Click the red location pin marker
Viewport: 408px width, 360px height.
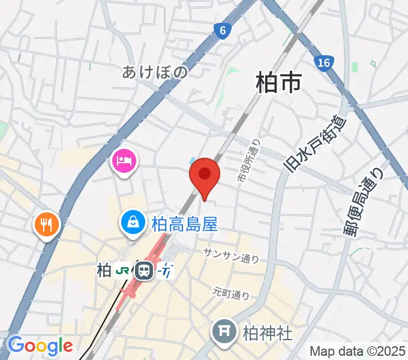pos(205,175)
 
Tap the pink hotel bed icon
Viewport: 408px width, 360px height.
pos(124,160)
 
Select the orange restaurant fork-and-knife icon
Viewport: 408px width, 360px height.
pos(47,225)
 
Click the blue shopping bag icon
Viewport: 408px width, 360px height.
pos(132,222)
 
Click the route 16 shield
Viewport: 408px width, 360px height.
pos(324,62)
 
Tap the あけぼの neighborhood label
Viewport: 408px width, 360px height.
pos(155,73)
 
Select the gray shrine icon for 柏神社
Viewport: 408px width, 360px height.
pos(225,331)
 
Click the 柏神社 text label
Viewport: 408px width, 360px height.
pos(268,332)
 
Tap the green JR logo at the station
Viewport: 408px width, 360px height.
pos(122,271)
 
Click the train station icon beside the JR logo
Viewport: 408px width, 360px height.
pos(144,271)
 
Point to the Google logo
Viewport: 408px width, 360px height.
pos(40,346)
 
